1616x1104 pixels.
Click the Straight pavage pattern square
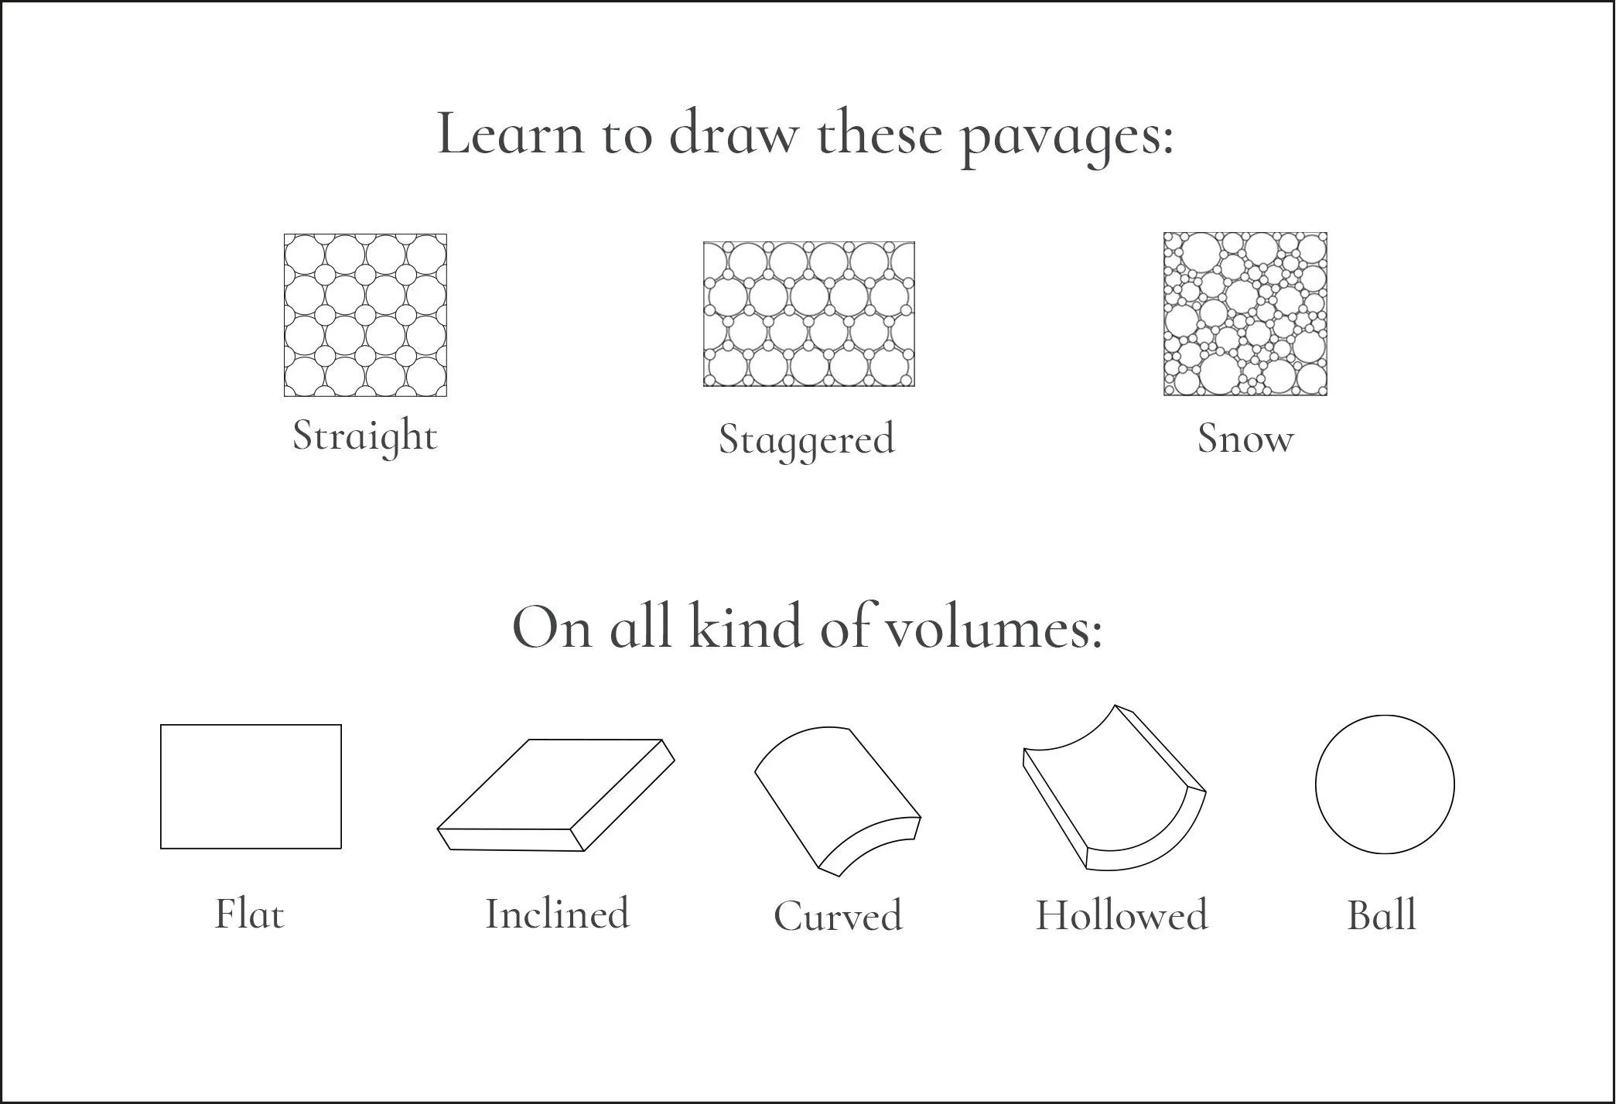pyautogui.click(x=365, y=315)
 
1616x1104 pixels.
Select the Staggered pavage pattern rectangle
pyautogui.click(x=808, y=314)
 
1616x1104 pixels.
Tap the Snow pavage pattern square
pyautogui.click(x=1245, y=314)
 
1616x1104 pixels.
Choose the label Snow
pyautogui.click(x=1245, y=438)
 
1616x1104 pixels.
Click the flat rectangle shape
pyautogui.click(x=251, y=725)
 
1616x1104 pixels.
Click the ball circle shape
pyautogui.click(x=1385, y=716)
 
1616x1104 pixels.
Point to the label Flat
pyautogui.click(x=249, y=914)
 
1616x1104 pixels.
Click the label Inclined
pyautogui.click(x=557, y=913)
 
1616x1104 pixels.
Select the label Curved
pyautogui.click(x=838, y=916)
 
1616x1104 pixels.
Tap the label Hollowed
pyautogui.click(x=1122, y=915)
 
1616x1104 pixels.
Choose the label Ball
pyautogui.click(x=1382, y=914)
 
